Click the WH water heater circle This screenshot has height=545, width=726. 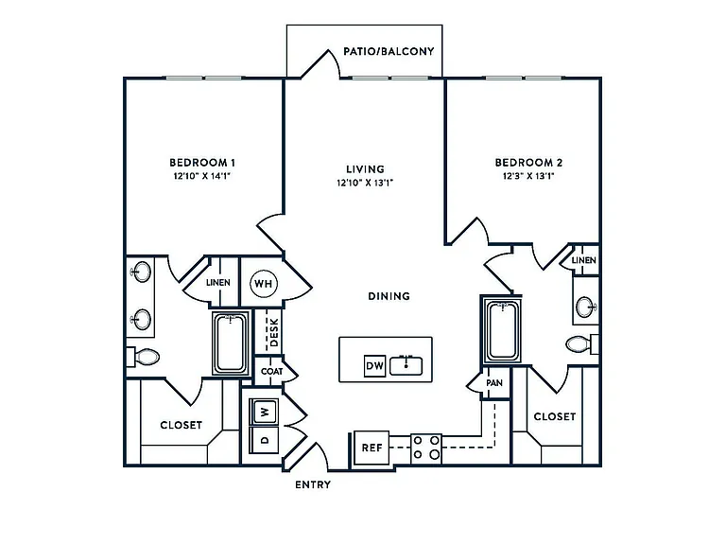264,284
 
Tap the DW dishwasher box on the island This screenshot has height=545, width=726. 374,365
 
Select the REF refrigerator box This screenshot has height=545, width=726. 372,448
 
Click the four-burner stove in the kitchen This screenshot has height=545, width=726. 426,448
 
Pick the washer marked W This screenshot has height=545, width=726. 265,412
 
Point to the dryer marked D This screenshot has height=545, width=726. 265,440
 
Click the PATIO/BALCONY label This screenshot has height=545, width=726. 389,51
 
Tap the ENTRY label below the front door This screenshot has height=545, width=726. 313,484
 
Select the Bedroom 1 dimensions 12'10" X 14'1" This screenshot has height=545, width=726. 202,176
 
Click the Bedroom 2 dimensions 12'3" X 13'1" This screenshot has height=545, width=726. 528,176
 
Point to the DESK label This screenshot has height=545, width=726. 274,332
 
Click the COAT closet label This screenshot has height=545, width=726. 272,371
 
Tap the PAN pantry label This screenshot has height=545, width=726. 494,383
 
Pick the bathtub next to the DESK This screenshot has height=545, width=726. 231,343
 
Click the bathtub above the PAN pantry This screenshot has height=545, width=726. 502,330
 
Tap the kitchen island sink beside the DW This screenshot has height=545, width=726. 406,365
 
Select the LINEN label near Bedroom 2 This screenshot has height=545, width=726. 584,260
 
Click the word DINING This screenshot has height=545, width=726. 389,296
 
